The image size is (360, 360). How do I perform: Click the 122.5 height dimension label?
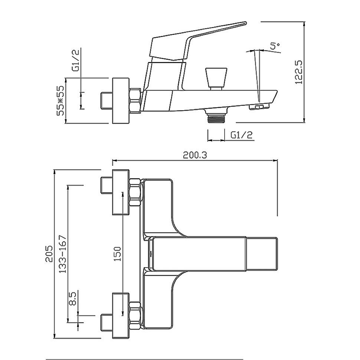[x=299, y=72]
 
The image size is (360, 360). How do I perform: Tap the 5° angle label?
[x=275, y=46]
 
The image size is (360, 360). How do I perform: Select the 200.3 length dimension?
[x=195, y=155]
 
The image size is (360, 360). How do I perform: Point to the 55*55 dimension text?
[x=61, y=101]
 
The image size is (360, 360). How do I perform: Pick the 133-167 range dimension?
[x=62, y=254]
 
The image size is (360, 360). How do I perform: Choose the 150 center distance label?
[x=117, y=254]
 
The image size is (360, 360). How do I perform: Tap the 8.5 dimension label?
[x=72, y=298]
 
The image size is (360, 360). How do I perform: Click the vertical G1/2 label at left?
[x=76, y=60]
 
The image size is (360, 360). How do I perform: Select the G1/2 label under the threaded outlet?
[x=242, y=135]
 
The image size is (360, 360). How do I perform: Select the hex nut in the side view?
[x=135, y=101]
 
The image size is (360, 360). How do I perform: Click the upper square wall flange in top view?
[x=121, y=192]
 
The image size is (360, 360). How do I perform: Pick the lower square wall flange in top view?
[x=121, y=315]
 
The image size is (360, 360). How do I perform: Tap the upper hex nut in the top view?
[x=135, y=192]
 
